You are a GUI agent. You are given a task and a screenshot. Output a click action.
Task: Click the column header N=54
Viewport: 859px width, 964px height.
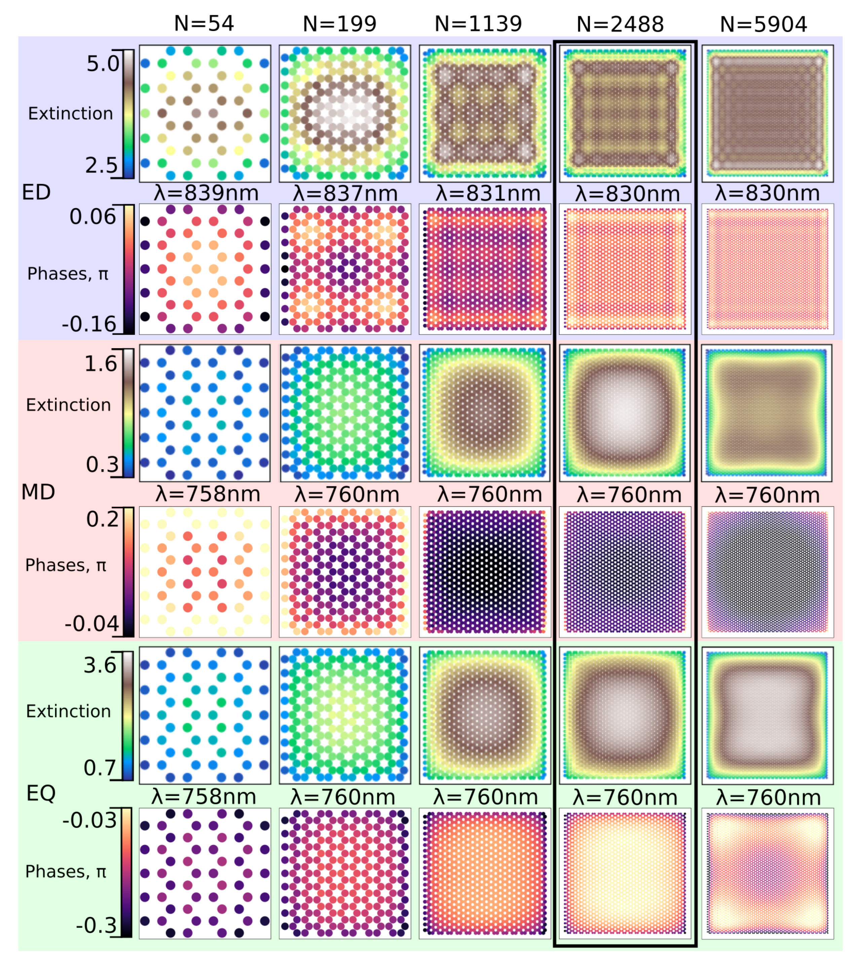coord(204,24)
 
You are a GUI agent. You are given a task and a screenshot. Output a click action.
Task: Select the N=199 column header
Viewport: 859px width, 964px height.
coord(340,24)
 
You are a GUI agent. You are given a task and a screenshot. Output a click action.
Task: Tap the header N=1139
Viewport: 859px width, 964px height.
coord(478,24)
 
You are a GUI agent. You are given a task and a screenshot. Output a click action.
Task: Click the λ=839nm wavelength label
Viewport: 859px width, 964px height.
coord(206,193)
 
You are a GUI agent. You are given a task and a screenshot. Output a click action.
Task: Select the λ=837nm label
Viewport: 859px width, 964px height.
coord(345,193)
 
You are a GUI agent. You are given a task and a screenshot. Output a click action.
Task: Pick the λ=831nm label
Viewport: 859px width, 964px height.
coord(488,193)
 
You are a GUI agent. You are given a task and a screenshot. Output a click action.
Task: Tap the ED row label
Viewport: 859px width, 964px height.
coord(36,192)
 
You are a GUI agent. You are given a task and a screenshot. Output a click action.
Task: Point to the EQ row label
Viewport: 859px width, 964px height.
coord(41,793)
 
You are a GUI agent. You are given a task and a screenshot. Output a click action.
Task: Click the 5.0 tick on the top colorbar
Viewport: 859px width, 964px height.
coord(103,64)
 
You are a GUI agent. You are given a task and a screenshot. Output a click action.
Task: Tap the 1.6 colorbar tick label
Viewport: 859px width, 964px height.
coord(101,364)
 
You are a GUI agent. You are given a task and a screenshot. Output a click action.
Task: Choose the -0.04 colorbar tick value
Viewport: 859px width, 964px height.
coord(91,624)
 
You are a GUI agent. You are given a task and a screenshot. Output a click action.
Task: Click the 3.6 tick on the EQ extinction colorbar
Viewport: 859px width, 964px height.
coord(100,665)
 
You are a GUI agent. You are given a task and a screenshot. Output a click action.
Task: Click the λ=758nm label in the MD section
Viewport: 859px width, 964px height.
coord(208,494)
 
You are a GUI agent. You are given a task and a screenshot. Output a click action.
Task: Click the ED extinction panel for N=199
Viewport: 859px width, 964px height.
coord(344,113)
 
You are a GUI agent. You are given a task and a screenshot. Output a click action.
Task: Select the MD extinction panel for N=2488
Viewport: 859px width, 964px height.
coord(625,413)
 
